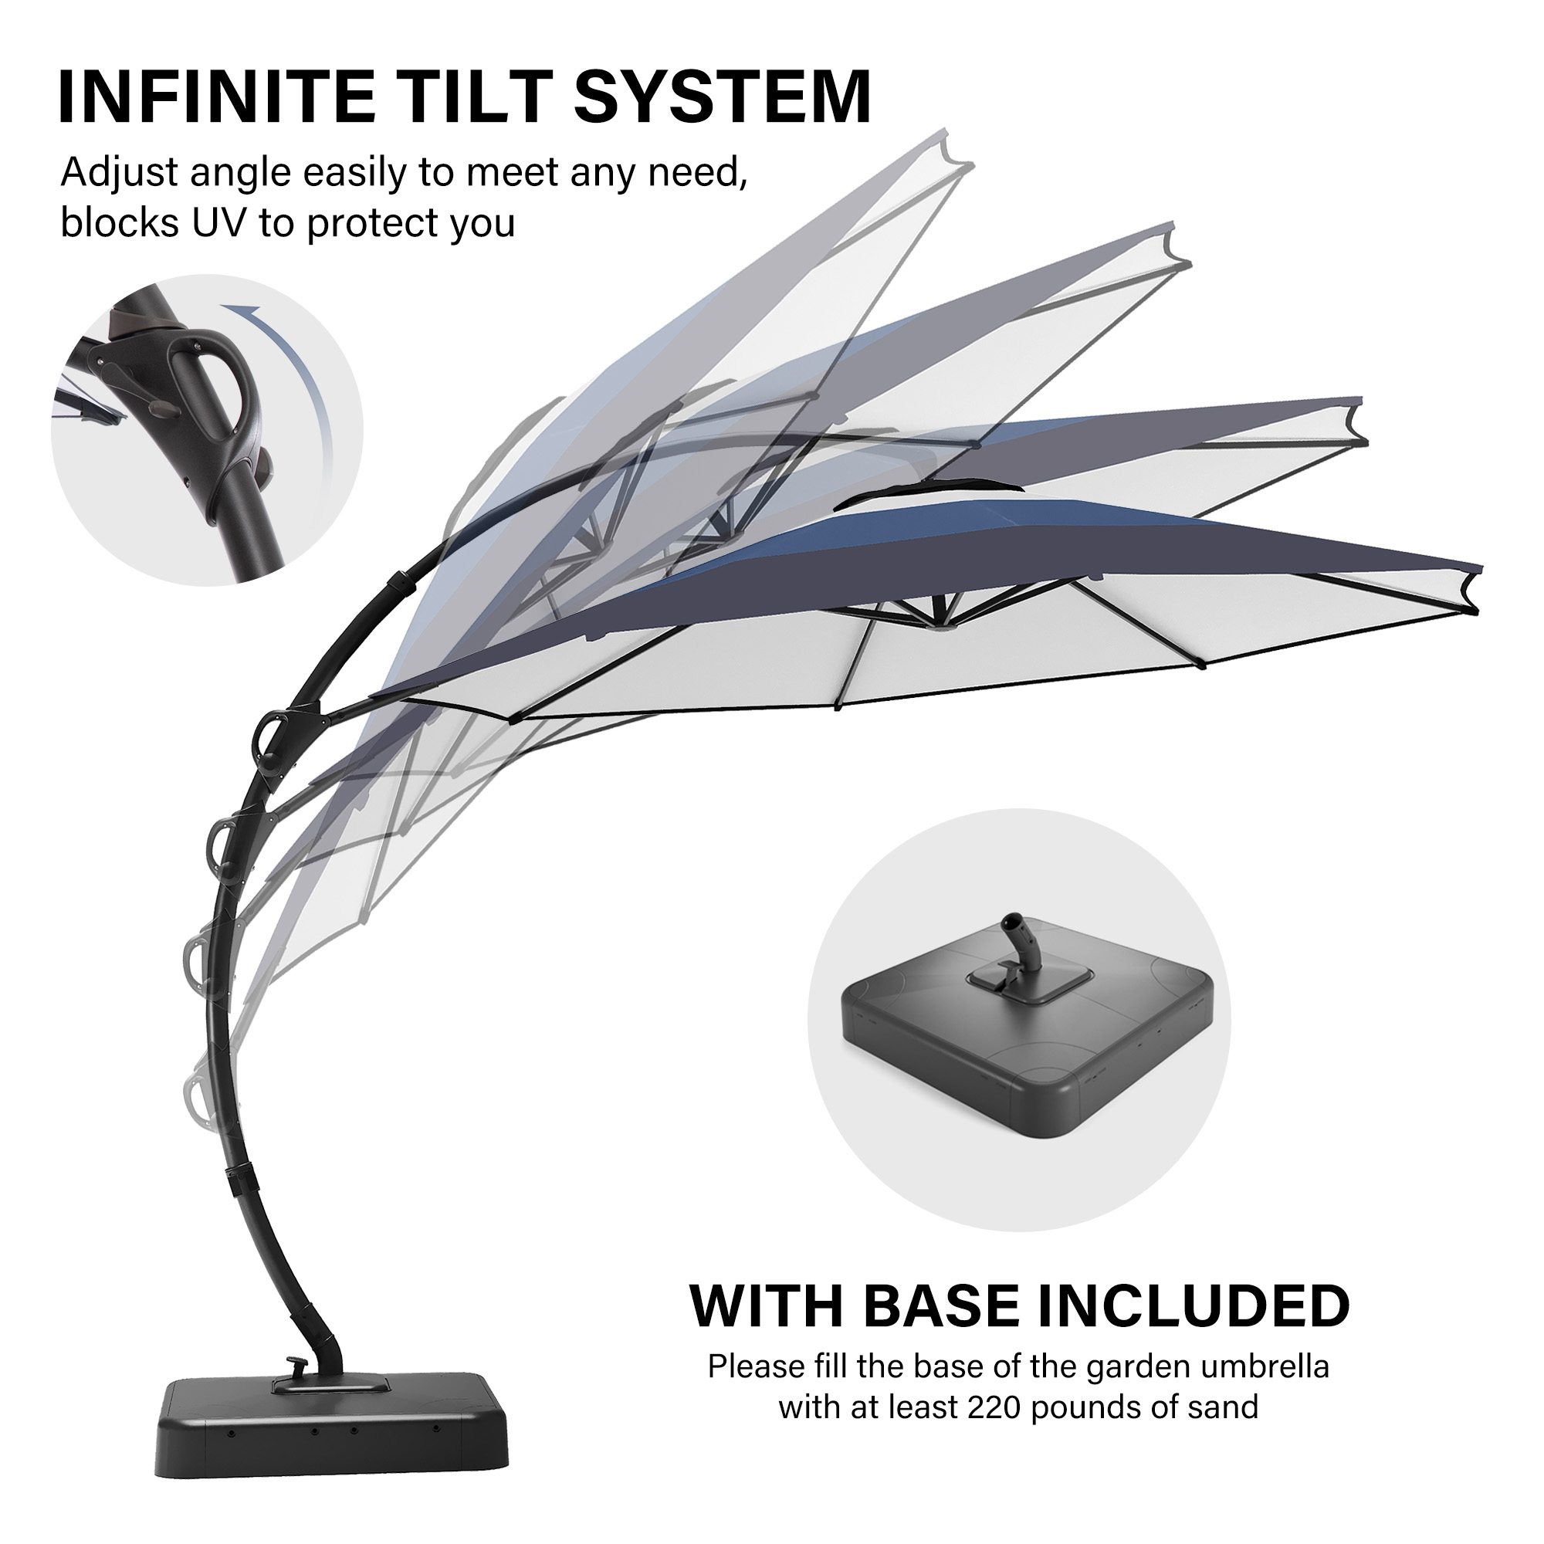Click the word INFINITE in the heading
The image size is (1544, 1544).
coord(217,97)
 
